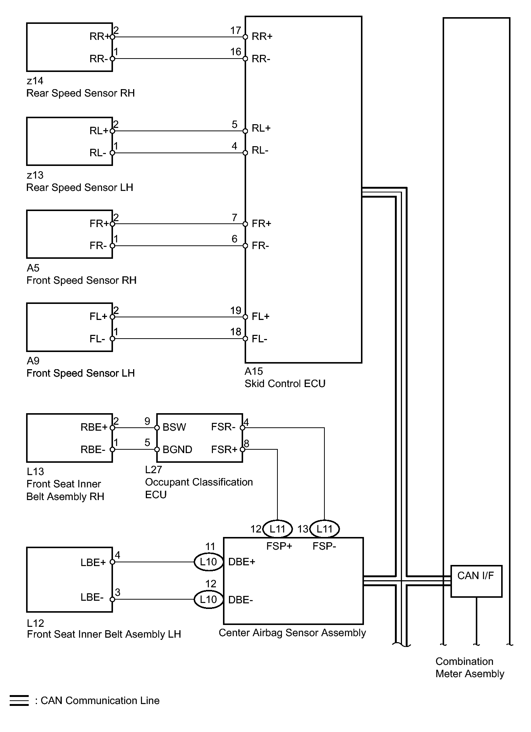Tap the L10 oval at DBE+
point(208,562)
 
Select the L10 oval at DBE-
point(208,599)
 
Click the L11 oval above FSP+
point(277,529)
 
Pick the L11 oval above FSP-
point(324,529)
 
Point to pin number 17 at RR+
point(236,30)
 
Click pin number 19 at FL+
point(236,310)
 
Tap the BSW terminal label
point(174,427)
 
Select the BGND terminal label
point(177,449)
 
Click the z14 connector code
point(35,81)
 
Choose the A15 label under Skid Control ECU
point(254,371)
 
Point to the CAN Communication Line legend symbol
point(19,700)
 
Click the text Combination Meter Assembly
point(469,667)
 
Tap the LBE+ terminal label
point(93,562)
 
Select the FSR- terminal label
point(223,427)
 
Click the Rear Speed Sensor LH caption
point(80,187)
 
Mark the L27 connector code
point(154,469)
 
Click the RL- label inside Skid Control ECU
point(260,150)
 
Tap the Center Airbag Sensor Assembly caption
point(292,633)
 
